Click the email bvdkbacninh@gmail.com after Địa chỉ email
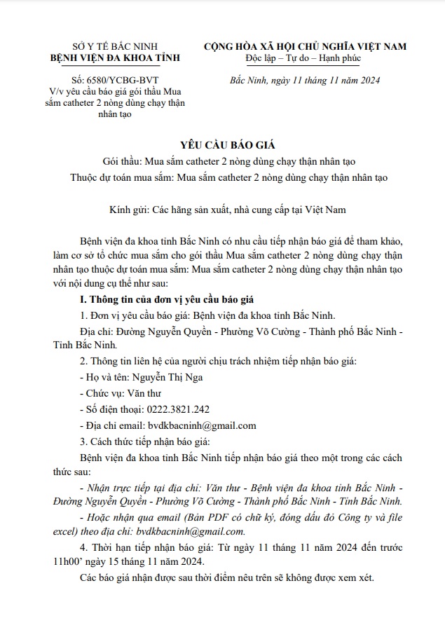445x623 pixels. click(202, 425)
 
